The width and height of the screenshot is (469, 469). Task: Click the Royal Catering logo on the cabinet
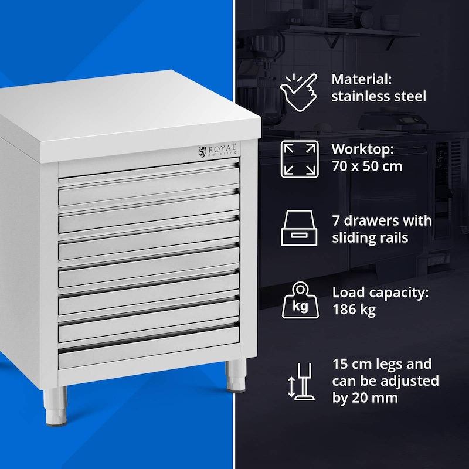tap(217, 151)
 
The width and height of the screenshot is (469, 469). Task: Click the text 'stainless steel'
tap(379, 97)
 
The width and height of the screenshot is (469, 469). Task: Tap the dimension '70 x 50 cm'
tap(366, 166)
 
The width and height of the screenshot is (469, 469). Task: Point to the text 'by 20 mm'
tap(366, 397)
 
